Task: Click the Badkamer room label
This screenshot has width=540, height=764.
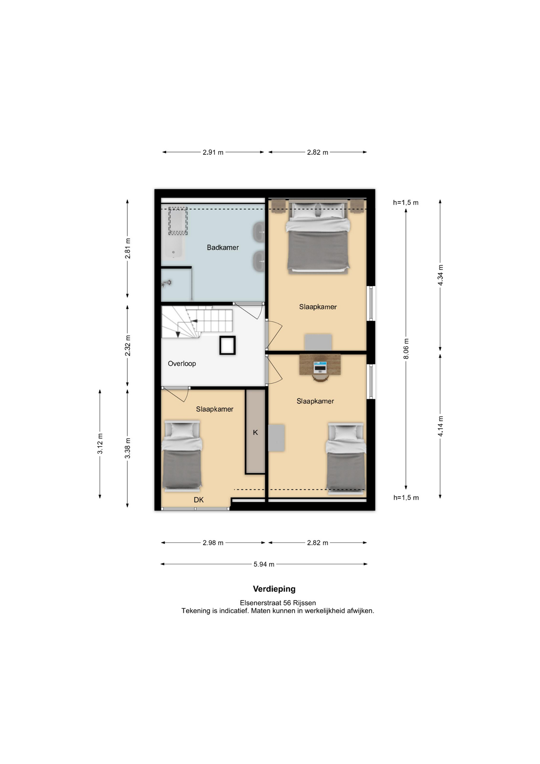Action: click(x=223, y=248)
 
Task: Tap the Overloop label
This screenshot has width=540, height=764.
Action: click(x=182, y=364)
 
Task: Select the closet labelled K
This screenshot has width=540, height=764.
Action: click(x=255, y=432)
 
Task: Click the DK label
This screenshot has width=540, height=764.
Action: click(x=199, y=500)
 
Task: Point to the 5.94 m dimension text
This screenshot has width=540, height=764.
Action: click(x=264, y=564)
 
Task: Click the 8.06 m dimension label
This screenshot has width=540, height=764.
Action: click(x=406, y=349)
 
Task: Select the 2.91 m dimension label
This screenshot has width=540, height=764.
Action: click(x=213, y=152)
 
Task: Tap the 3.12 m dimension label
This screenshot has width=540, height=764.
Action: click(x=100, y=444)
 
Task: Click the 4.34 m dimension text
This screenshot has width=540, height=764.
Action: click(x=441, y=275)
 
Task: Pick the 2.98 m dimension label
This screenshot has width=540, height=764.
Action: click(x=213, y=543)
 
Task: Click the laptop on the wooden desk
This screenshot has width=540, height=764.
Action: click(x=320, y=366)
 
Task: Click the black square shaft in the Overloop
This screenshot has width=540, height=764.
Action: click(x=227, y=345)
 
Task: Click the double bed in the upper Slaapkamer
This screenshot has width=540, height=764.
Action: click(x=318, y=236)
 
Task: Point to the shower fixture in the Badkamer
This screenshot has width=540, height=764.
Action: click(x=166, y=283)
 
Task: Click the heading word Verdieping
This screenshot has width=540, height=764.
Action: click(x=274, y=589)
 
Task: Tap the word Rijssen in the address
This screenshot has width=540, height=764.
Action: click(x=305, y=603)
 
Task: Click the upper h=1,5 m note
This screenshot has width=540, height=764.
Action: click(x=406, y=203)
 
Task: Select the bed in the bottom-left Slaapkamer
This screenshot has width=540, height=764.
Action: click(x=182, y=456)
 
